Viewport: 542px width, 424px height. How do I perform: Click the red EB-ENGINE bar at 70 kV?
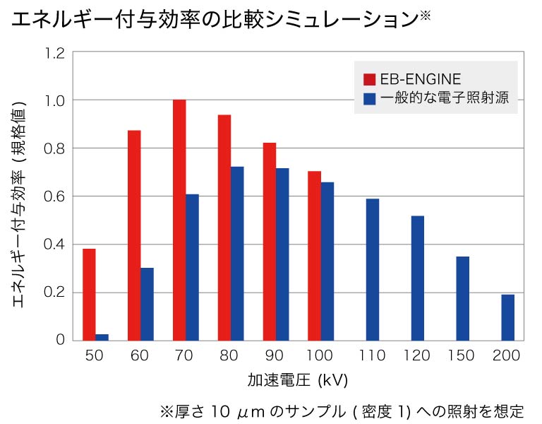point(179,220)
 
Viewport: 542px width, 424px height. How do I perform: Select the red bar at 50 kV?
point(89,294)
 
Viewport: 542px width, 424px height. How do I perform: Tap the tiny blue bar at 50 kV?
point(102,336)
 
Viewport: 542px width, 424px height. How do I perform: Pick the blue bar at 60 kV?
point(147,304)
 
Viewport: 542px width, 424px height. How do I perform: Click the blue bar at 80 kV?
point(238,253)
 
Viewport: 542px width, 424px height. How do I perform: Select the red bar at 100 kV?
point(314,255)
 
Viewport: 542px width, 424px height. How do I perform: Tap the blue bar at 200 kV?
point(508,317)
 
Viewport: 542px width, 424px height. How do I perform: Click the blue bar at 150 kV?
point(463,298)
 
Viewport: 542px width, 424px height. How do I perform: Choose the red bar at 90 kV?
point(269,241)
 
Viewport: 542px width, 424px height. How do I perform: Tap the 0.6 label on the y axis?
point(54,196)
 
